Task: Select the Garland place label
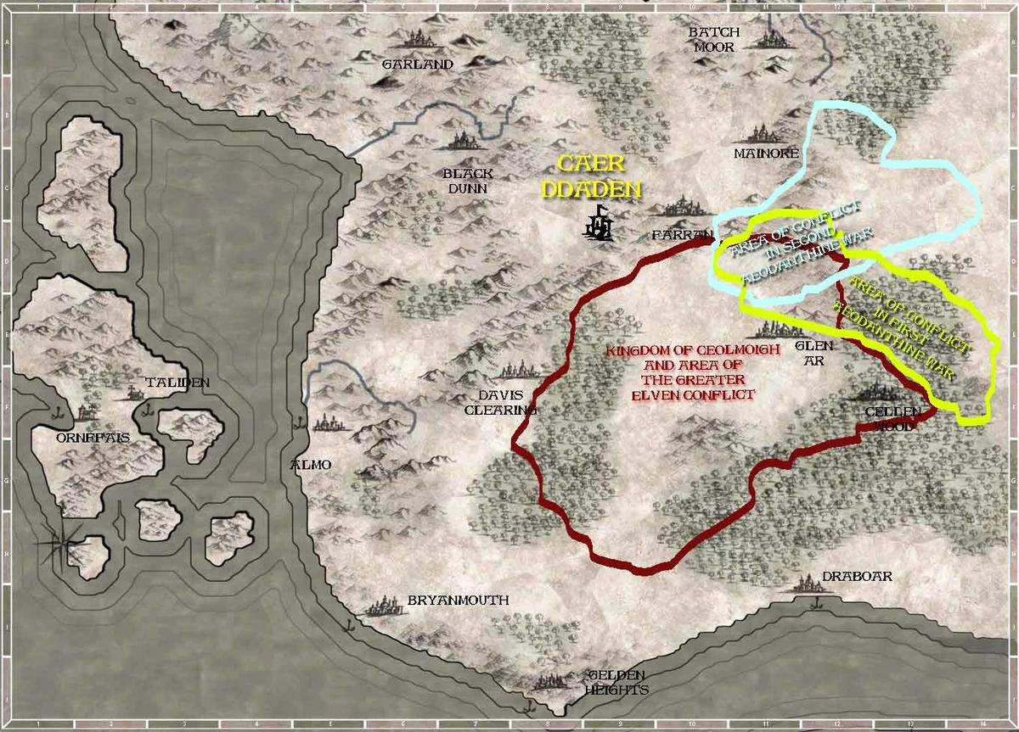point(417,64)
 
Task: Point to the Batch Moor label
point(714,40)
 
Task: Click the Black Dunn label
point(468,181)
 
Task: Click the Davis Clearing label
point(501,402)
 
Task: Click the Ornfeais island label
point(85,439)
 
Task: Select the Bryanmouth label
point(458,600)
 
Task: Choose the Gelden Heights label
point(616,682)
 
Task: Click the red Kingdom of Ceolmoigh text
point(679,372)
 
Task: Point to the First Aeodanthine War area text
point(909,327)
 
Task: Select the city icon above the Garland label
point(416,39)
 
